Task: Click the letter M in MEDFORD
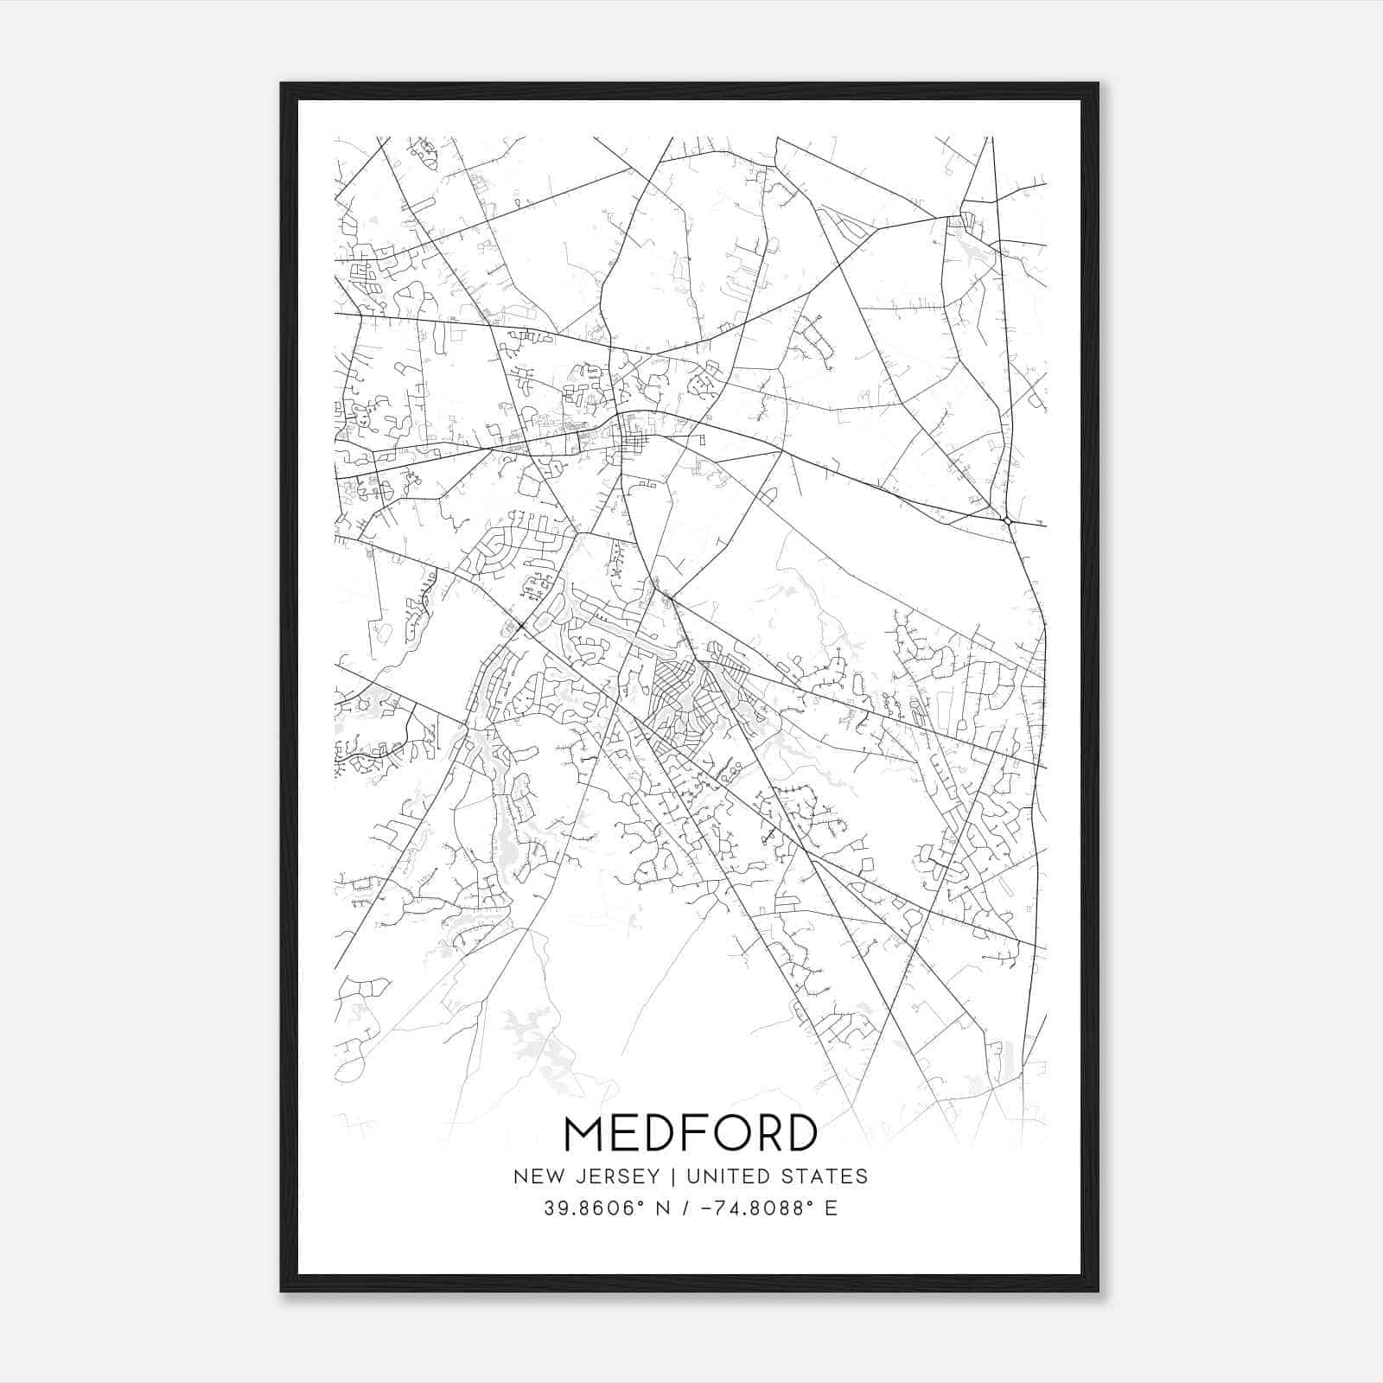pos(584,1133)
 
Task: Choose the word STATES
pos(826,1176)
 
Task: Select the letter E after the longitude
pos(831,1208)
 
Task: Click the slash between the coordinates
pos(685,1208)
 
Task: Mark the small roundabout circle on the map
pos(1008,520)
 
